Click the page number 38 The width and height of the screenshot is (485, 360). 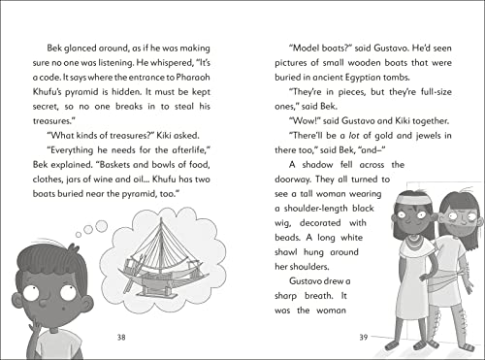click(x=121, y=338)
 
